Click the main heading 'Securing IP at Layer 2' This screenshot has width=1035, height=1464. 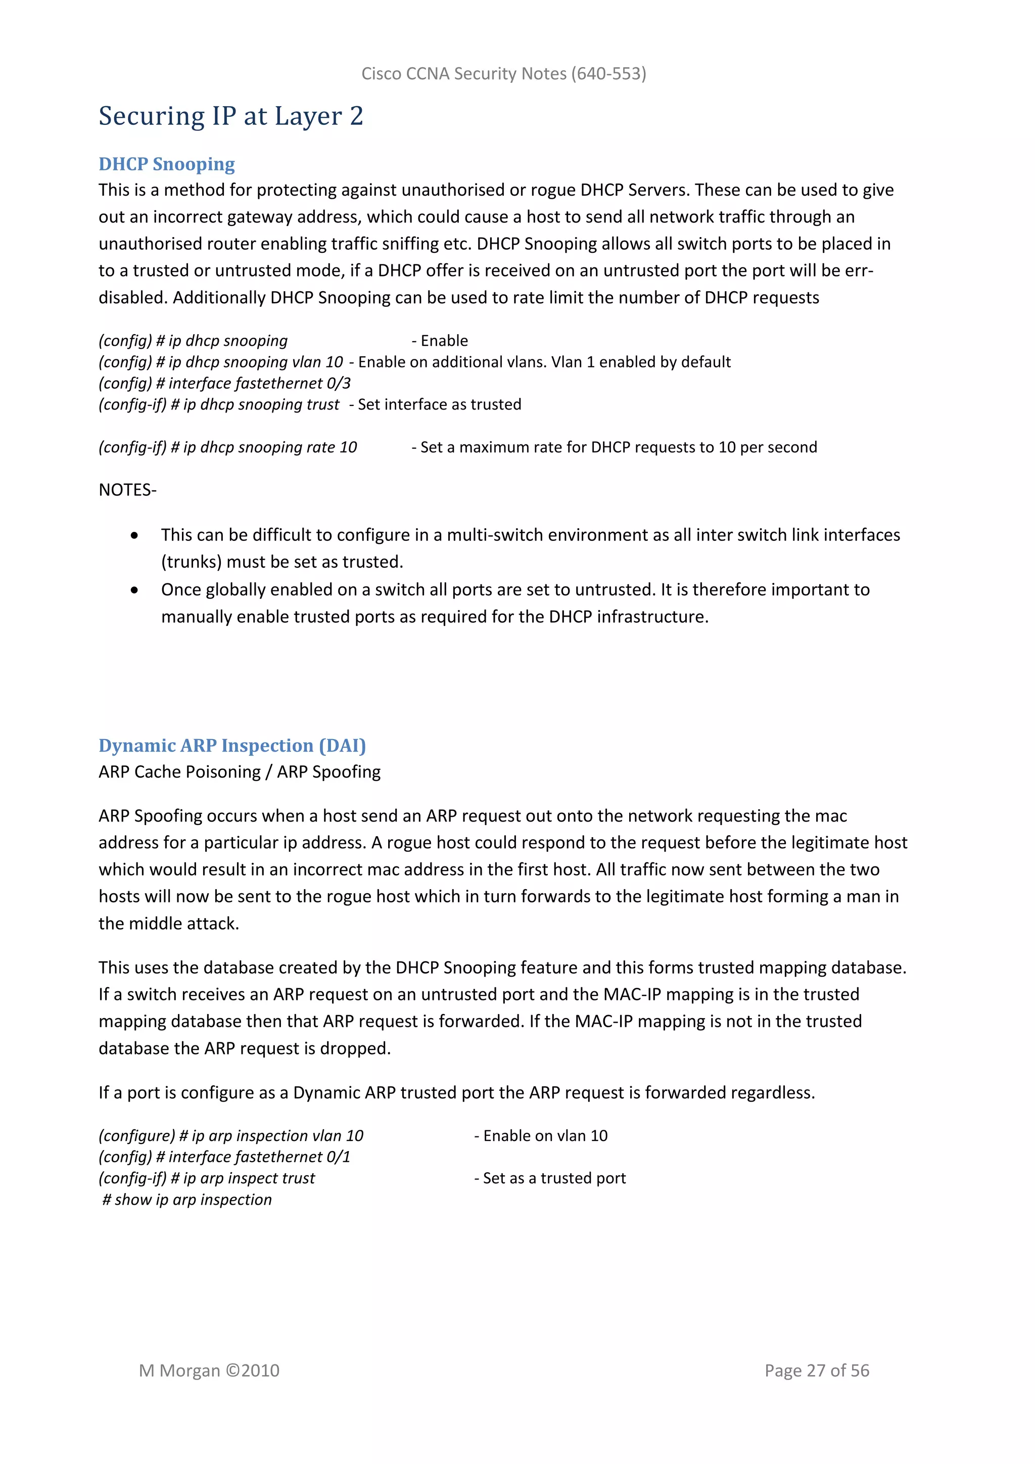click(x=231, y=116)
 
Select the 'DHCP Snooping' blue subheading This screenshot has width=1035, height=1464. click(x=166, y=164)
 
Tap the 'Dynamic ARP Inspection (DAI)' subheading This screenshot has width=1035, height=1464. click(x=232, y=745)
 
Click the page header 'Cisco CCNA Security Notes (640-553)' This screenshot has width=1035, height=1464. click(x=503, y=74)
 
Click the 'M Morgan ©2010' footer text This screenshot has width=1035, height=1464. click(x=209, y=1370)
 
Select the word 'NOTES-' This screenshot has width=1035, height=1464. click(x=127, y=490)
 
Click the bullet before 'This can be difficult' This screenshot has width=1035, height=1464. click(x=134, y=536)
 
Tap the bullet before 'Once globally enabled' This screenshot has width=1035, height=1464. click(x=134, y=590)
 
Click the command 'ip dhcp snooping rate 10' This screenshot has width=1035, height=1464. click(x=270, y=447)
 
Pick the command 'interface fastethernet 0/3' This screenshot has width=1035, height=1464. click(x=259, y=383)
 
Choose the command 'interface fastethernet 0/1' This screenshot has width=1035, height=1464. click(x=259, y=1157)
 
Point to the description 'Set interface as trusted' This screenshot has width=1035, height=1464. click(x=439, y=405)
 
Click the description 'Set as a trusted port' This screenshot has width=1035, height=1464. click(x=554, y=1178)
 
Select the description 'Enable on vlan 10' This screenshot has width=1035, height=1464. click(x=545, y=1135)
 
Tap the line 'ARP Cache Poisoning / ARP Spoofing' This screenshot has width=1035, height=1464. click(x=240, y=772)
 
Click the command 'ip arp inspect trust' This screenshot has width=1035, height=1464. click(x=249, y=1178)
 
